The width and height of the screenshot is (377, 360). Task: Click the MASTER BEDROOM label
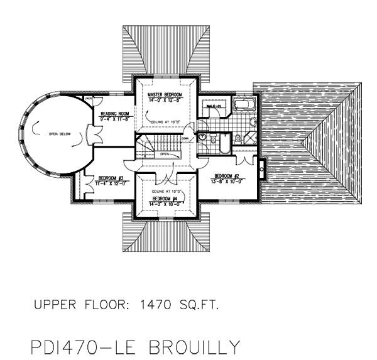click(164, 94)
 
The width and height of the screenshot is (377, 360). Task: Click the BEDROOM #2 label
click(226, 175)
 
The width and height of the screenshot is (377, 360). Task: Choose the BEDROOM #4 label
click(165, 198)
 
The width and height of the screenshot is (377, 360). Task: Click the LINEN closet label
click(89, 99)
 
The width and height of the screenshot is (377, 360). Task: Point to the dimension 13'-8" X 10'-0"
click(226, 181)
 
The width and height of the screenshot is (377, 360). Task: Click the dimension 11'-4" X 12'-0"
click(111, 183)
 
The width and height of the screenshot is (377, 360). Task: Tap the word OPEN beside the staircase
click(165, 153)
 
